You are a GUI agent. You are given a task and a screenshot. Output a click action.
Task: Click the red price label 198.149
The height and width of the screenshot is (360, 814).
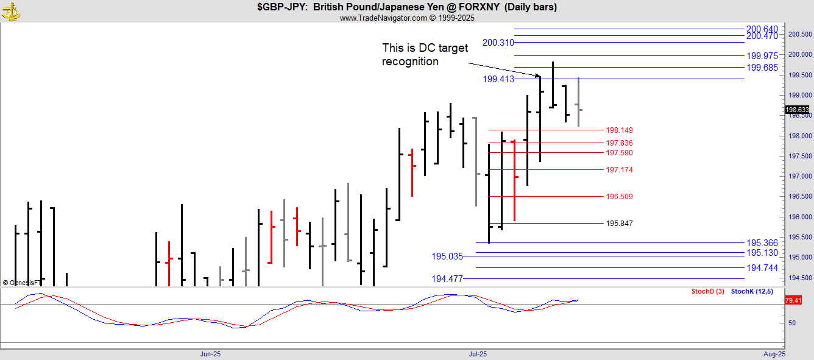pos(619,130)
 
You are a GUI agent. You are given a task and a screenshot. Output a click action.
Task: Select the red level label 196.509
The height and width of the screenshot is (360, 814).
pos(619,197)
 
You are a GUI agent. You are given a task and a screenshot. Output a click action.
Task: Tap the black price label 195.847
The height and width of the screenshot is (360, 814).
pos(619,224)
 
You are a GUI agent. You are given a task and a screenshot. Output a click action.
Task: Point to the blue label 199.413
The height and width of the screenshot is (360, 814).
pos(498,79)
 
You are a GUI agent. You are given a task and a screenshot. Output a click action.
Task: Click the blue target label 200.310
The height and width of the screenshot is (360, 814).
pos(498,43)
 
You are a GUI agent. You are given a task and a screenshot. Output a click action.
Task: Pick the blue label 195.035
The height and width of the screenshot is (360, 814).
pos(447,256)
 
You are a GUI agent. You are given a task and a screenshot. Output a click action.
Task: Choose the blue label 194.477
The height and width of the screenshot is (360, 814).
pos(447,278)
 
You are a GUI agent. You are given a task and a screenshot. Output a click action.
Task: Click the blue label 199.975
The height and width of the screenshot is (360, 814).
pos(762,56)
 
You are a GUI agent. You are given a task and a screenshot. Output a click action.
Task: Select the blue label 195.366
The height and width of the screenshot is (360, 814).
pos(762,243)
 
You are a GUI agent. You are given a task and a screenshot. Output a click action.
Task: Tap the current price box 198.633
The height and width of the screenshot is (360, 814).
pos(798,110)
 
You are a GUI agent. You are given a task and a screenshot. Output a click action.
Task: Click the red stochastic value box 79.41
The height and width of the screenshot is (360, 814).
pos(793,300)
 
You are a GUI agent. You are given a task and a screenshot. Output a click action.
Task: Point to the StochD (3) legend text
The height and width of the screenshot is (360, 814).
pos(707,291)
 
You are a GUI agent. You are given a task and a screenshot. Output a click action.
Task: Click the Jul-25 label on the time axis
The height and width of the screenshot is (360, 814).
pos(478,354)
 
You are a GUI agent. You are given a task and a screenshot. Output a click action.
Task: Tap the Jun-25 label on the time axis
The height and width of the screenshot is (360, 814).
pos(210,354)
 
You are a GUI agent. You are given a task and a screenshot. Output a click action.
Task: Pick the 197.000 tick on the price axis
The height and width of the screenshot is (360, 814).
pos(799,176)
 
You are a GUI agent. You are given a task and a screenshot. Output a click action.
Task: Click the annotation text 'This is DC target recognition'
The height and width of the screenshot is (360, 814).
pos(425,54)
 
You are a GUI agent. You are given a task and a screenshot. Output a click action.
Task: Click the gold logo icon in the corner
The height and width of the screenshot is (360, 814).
pos(11,12)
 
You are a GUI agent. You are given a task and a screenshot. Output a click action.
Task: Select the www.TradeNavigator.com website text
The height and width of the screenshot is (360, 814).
pos(383,18)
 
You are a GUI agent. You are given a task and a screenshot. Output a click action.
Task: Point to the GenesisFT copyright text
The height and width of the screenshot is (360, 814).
pos(22,283)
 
